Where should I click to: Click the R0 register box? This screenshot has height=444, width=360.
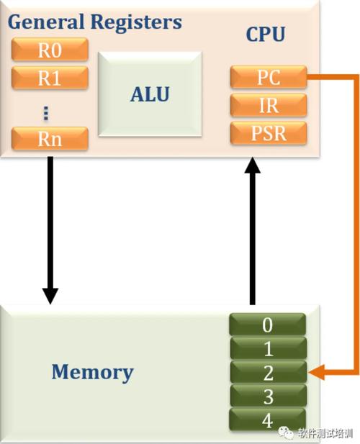[50, 50]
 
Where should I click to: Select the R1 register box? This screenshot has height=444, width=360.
[50, 78]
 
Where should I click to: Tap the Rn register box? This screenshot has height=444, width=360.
[50, 138]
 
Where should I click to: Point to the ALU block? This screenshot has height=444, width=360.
[150, 94]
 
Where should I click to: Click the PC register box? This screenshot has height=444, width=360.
[269, 77]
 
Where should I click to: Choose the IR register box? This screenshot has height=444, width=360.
[269, 105]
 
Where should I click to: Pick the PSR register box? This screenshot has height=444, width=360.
[269, 133]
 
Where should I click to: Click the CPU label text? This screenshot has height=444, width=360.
[266, 35]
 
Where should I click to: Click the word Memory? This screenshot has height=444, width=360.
[92, 372]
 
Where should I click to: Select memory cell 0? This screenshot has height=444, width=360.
[268, 325]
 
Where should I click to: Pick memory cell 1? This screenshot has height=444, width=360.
[268, 348]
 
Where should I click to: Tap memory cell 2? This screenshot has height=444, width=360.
[268, 372]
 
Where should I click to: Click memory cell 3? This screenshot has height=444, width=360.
[268, 396]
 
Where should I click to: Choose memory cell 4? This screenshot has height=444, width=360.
[268, 420]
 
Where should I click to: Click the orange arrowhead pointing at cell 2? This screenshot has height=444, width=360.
[316, 372]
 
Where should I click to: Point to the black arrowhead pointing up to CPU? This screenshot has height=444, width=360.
[253, 165]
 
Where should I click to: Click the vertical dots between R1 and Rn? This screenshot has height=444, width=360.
[46, 114]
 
